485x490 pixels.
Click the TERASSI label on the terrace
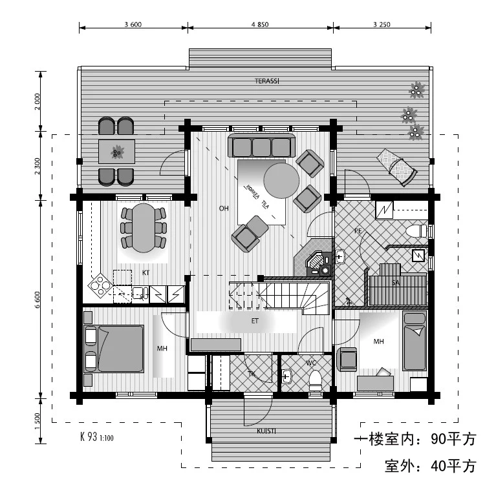tap(266, 81)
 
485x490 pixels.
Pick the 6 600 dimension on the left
tap(38, 300)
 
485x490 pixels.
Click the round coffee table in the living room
tap(281, 179)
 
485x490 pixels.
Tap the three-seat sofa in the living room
tap(262, 146)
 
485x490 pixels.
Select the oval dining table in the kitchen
tap(144, 227)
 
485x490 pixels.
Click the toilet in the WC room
tap(315, 380)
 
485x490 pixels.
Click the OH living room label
tap(224, 209)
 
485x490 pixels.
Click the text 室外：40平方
tap(429, 465)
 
